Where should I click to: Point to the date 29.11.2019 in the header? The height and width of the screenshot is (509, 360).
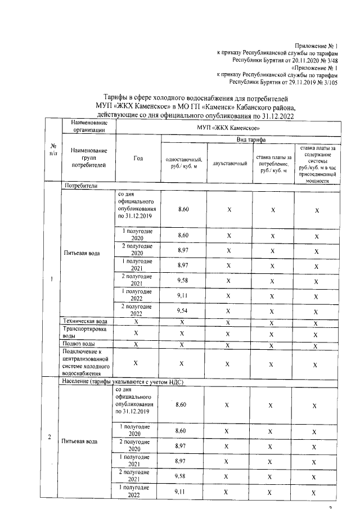click(298, 81)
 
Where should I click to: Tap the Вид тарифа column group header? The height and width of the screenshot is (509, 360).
click(250, 139)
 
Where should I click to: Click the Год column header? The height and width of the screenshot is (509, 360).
click(138, 159)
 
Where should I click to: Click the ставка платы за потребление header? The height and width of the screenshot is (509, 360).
click(273, 163)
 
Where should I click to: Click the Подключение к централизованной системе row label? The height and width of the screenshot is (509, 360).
click(84, 362)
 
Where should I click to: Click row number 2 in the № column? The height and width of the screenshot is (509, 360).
click(51, 438)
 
